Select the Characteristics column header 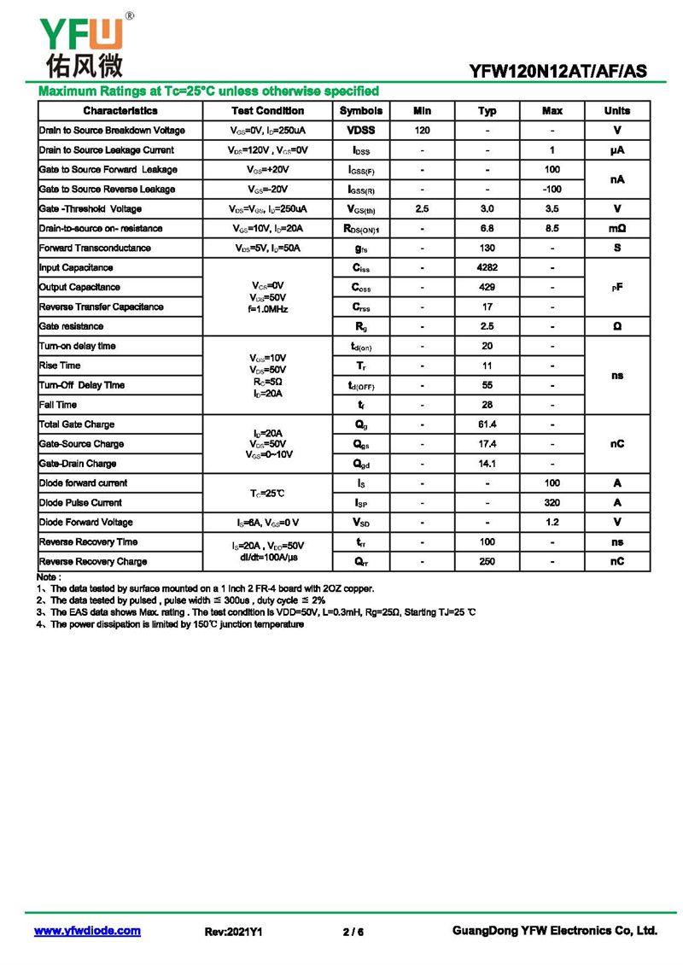click(x=120, y=111)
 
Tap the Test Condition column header click(x=267, y=111)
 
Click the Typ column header click(x=487, y=111)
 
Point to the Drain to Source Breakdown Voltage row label click(x=112, y=131)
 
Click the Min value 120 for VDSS click(x=422, y=131)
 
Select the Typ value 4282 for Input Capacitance click(x=487, y=268)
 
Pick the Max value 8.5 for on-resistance click(x=552, y=229)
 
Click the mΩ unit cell click(x=616, y=229)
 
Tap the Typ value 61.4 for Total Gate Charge click(x=487, y=424)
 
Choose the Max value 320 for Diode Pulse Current click(x=552, y=503)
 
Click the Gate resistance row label click(x=72, y=326)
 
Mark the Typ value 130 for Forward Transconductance click(x=487, y=249)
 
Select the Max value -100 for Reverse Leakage click(x=552, y=190)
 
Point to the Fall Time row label click(x=58, y=405)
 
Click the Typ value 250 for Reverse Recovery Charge click(x=487, y=562)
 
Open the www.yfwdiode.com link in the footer click(x=87, y=931)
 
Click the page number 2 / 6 click(x=353, y=932)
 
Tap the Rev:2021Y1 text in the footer click(x=233, y=932)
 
